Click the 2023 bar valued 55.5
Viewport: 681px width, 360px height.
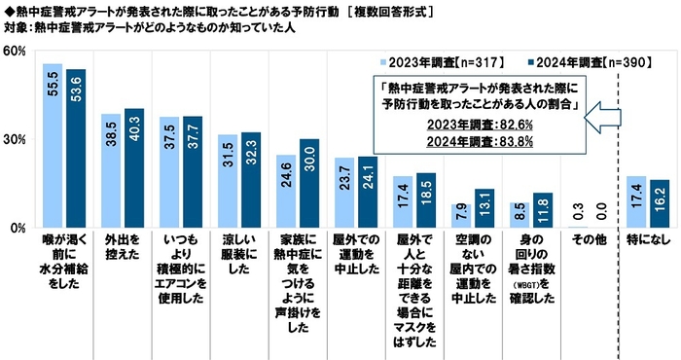point(53,146)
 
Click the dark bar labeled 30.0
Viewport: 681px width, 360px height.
point(309,184)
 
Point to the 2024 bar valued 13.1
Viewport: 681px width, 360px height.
point(483,208)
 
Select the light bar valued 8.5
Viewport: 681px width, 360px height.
point(519,215)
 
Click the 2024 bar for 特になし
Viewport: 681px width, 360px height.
point(660,203)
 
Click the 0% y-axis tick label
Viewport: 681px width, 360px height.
point(18,228)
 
